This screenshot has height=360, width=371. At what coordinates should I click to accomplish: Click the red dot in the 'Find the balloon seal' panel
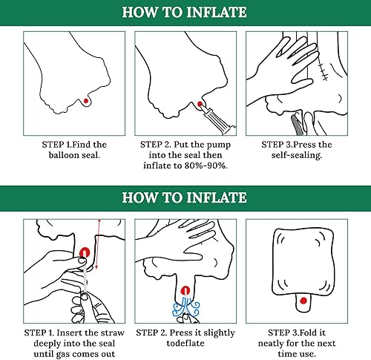[86, 101]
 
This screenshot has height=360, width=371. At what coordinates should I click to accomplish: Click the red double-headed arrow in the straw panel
[98, 244]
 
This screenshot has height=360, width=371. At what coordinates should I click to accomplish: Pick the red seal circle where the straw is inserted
[85, 252]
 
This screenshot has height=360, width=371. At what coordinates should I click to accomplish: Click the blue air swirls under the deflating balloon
[185, 307]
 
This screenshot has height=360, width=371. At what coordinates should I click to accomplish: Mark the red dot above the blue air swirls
[185, 290]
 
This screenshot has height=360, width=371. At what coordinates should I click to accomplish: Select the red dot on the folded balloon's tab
[303, 301]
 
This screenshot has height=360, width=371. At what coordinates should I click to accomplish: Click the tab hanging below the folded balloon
[303, 303]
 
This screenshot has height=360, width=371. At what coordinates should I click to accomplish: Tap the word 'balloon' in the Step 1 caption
[63, 155]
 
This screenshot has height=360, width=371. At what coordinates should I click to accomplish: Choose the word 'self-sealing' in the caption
[297, 155]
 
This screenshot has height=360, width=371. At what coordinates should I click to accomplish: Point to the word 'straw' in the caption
[114, 333]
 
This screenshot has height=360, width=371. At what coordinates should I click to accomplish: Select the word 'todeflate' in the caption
[185, 343]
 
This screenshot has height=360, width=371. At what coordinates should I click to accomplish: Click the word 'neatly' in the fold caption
[271, 344]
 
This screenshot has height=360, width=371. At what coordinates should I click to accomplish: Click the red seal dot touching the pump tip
[200, 104]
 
